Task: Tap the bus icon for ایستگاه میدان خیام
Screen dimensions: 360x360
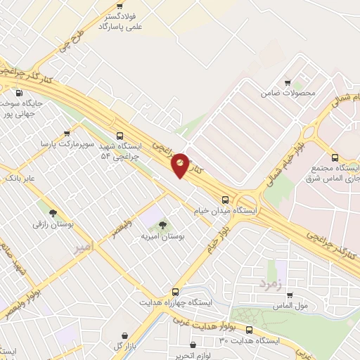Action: click(x=225, y=199)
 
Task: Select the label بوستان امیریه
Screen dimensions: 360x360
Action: click(x=162, y=238)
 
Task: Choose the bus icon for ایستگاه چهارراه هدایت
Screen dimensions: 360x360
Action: click(x=175, y=291)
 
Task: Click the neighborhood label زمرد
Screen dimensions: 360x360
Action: click(x=270, y=284)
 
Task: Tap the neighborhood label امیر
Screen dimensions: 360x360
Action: click(x=82, y=247)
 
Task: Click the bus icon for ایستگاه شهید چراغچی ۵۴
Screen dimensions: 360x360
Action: click(x=120, y=136)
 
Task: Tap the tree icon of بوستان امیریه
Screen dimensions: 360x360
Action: click(x=162, y=225)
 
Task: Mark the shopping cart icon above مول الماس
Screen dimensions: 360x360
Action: click(x=289, y=295)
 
